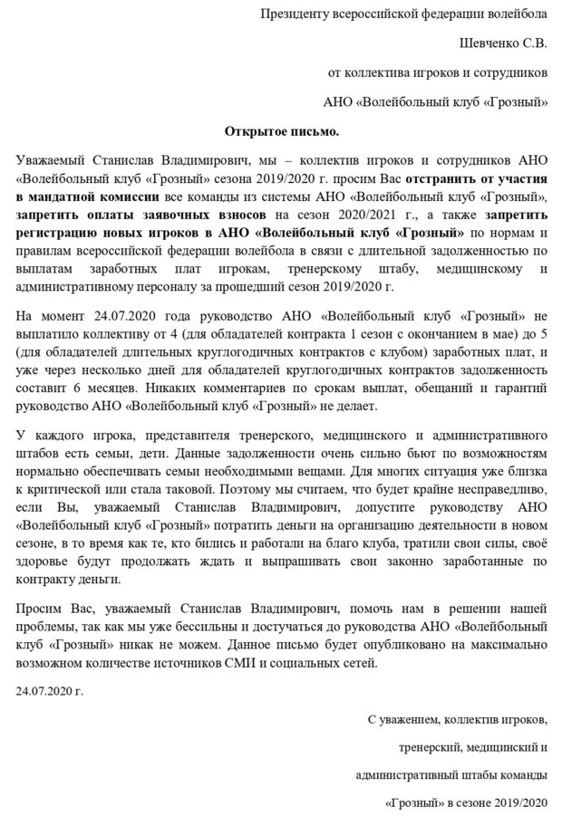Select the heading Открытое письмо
click(x=281, y=130)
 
